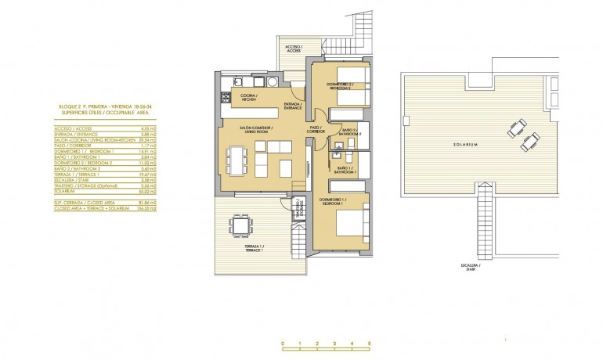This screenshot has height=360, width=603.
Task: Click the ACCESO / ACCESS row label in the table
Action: pyautogui.click(x=73, y=128)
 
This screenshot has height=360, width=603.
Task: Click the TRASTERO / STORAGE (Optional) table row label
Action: pyautogui.click(x=87, y=185)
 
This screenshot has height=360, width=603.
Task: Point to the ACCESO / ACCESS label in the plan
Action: pyautogui.click(x=294, y=48)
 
